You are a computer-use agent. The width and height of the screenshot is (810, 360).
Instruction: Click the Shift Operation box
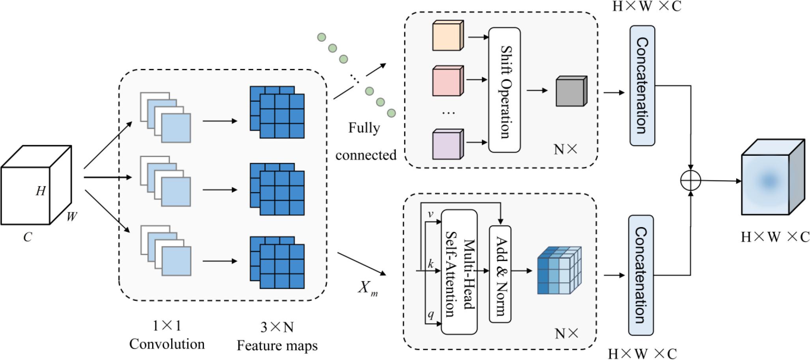coord(504,90)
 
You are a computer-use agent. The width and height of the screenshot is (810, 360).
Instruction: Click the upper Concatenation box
coord(642,86)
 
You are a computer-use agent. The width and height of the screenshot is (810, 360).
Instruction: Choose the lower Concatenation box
coord(641,275)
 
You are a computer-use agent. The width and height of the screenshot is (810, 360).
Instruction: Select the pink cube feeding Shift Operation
coord(448,81)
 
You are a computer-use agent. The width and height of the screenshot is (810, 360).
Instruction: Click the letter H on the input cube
coord(41,191)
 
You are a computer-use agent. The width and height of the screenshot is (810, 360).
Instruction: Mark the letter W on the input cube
coord(71,216)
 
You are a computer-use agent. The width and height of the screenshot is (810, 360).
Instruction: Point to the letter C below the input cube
coord(28,237)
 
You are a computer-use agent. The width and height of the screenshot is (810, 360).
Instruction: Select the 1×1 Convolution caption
coord(167,335)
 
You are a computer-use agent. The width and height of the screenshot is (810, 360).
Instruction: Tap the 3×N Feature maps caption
coord(277,336)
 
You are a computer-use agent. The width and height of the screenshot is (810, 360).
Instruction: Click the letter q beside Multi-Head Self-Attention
coord(431,314)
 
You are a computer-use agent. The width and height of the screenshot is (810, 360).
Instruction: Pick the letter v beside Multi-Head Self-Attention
coord(431,214)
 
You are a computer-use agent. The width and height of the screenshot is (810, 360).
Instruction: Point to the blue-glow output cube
coord(772,177)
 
